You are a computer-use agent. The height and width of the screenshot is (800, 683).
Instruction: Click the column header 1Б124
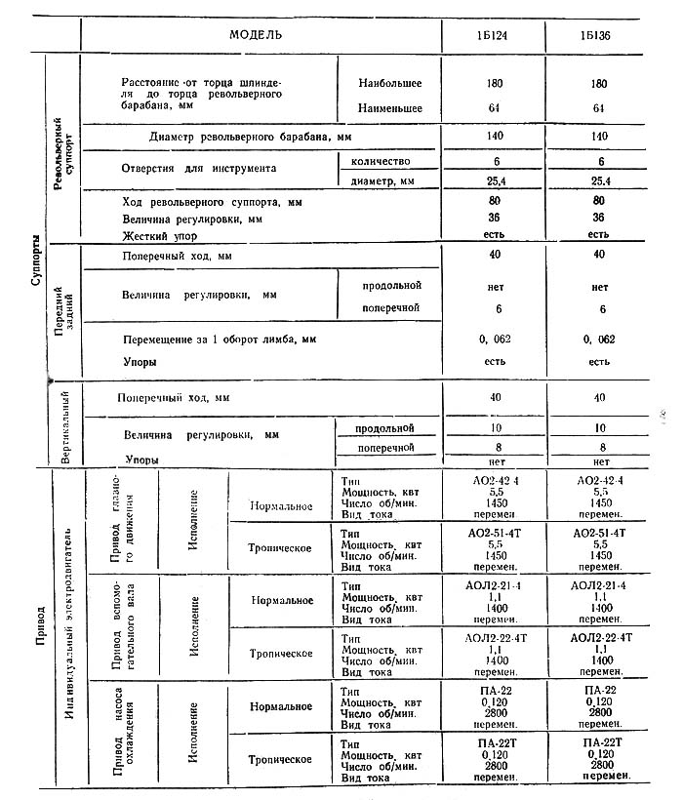493,33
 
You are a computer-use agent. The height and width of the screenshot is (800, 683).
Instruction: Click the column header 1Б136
598,33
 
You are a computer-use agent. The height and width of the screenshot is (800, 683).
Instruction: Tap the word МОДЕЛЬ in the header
257,33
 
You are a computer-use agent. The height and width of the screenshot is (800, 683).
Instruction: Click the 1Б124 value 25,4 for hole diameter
493,180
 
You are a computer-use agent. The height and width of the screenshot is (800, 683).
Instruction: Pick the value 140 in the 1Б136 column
598,138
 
